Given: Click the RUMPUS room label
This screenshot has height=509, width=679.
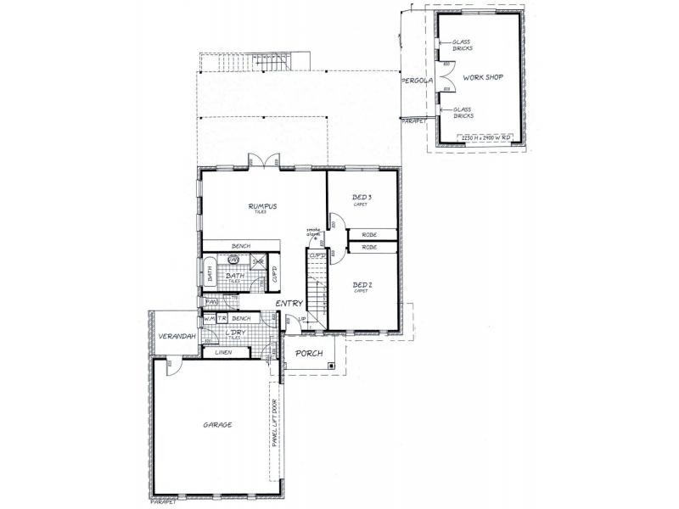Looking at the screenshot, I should coord(263,206).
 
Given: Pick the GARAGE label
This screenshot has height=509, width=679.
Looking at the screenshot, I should coord(217,424).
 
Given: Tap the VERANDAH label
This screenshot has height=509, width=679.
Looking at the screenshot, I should coord(177,337).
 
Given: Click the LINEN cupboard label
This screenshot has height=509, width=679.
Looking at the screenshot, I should coord(223,351).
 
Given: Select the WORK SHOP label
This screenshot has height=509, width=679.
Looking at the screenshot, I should coord(483,77).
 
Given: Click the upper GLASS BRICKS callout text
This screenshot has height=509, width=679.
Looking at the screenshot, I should coord(462,45).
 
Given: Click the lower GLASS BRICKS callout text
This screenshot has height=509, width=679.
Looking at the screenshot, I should coord(463,111).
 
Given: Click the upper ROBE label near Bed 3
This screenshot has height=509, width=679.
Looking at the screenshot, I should coord(369,234).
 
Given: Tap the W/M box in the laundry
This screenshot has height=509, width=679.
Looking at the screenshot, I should coord(208,318).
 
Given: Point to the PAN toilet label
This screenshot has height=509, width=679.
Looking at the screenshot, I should coord(210,301).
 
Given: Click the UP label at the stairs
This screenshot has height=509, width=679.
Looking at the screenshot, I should coord(302,319).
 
